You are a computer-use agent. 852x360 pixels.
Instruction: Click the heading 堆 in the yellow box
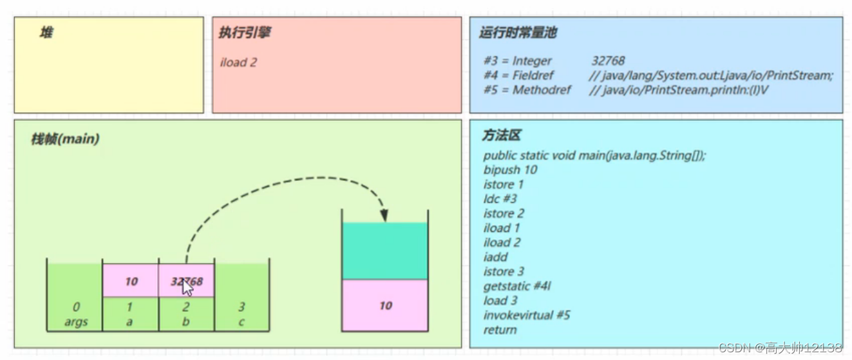coord(46,33)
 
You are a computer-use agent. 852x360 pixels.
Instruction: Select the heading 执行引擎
coord(244,33)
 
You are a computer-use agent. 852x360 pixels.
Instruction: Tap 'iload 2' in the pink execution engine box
coord(239,62)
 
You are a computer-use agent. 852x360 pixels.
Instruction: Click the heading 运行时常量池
coord(513,33)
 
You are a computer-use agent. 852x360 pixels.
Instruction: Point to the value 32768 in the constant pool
coord(608,61)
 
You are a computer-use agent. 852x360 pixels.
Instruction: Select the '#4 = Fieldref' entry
coord(518,75)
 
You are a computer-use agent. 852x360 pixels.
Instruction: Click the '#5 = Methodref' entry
coord(527,90)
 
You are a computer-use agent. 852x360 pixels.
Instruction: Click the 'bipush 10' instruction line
coord(510,170)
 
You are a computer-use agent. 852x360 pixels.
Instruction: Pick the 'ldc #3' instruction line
coord(500,199)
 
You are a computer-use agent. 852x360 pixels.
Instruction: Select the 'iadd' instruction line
coord(495,257)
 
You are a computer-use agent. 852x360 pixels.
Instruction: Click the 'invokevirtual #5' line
coord(527,315)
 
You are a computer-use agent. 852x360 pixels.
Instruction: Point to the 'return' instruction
coord(500,330)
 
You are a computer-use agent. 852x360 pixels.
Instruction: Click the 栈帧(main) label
coord(65,139)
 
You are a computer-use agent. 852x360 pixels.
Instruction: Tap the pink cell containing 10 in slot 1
coord(131,281)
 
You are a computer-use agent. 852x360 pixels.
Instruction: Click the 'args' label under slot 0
coord(76,322)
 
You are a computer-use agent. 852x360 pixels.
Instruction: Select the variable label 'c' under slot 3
coord(241,322)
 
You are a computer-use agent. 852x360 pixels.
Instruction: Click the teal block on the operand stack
coord(384,251)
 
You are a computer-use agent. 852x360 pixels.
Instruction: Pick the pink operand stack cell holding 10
coord(384,305)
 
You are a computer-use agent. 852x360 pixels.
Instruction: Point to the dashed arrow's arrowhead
coord(384,216)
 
